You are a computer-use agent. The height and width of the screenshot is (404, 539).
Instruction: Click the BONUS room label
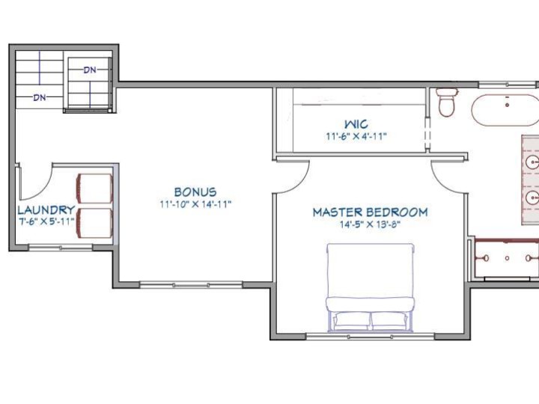pyautogui.click(x=195, y=192)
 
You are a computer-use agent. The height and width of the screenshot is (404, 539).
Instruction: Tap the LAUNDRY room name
pyautogui.click(x=46, y=209)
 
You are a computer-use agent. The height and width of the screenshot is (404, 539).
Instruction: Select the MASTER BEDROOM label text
pyautogui.click(x=371, y=212)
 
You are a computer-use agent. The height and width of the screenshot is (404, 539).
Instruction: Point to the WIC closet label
pyautogui.click(x=356, y=123)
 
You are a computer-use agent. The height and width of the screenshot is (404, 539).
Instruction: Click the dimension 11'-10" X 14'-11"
pyautogui.click(x=195, y=204)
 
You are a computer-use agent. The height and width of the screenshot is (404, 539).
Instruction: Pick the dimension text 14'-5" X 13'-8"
pyautogui.click(x=371, y=224)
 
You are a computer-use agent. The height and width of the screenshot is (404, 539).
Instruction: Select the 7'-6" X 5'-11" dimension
pyautogui.click(x=46, y=221)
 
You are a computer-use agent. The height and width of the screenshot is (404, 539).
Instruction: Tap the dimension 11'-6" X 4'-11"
pyautogui.click(x=356, y=136)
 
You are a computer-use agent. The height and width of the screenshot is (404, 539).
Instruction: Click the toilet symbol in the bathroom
pyautogui.click(x=446, y=102)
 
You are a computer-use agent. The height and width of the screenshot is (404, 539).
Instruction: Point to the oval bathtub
pyautogui.click(x=505, y=110)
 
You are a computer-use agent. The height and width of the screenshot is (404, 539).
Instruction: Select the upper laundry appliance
pyautogui.click(x=94, y=189)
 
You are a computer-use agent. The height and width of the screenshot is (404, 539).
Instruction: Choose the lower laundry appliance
pyautogui.click(x=94, y=223)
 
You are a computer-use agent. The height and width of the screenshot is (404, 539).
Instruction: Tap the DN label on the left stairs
pyautogui.click(x=40, y=97)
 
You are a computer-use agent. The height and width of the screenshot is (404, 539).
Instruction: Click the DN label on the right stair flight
pyautogui.click(x=90, y=70)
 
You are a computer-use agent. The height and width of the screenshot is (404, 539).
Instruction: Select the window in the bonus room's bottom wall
pyautogui.click(x=191, y=284)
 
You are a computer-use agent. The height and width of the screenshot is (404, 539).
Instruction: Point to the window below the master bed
pyautogui.click(x=370, y=337)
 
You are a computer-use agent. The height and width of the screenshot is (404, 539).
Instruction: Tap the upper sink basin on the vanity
pyautogui.click(x=533, y=162)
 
